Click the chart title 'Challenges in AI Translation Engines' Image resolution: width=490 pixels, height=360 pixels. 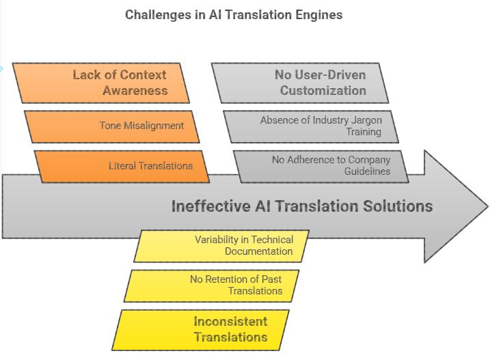pyautogui.click(x=234, y=14)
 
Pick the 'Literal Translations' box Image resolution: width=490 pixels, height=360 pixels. pyautogui.click(x=123, y=166)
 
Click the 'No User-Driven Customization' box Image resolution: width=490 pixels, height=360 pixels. pyautogui.click(x=301, y=83)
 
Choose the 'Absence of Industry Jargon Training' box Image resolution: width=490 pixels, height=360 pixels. pyautogui.click(x=312, y=126)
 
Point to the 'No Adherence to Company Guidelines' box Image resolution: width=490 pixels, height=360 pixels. pyautogui.click(x=321, y=166)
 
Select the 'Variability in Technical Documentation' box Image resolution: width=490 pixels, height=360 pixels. pyautogui.click(x=221, y=245)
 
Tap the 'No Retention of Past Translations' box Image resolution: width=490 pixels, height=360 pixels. pyautogui.click(x=212, y=285)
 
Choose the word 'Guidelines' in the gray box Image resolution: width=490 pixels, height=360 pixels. pyautogui.click(x=368, y=171)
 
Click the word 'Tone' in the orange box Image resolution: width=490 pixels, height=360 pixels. pyautogui.click(x=111, y=126)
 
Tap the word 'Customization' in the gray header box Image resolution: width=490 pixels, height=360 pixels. pyautogui.click(x=323, y=90)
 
